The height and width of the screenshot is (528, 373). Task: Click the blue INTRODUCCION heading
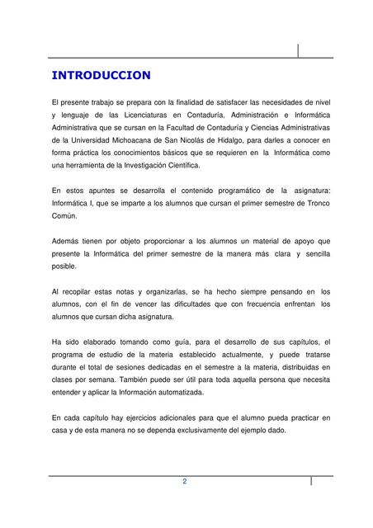click(x=101, y=76)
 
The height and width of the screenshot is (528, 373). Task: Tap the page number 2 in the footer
click(x=185, y=482)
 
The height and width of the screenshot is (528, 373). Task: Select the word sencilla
click(x=313, y=253)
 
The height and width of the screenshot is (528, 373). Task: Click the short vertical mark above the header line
click(x=299, y=50)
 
